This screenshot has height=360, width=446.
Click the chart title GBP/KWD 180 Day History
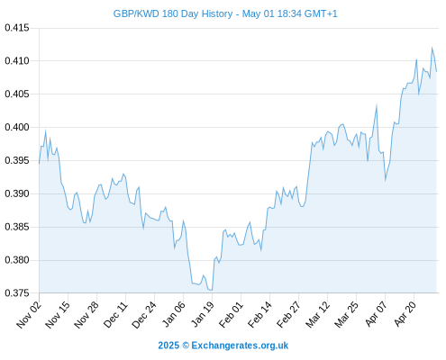pos(173,13)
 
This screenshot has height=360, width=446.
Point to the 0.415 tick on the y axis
pos(17,28)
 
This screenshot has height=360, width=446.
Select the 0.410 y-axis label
pos(17,61)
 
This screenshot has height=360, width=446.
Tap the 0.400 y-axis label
pos(17,127)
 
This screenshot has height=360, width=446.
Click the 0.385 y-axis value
pos(17,227)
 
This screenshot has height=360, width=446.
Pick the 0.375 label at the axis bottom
pos(17,292)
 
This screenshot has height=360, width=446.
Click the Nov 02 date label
pos(29,315)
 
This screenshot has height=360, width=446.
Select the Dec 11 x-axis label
pos(115,315)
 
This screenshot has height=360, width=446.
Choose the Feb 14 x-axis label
pos(259,315)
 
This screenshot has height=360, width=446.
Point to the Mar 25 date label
pos(346,315)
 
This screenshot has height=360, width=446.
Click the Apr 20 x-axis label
pos(405,314)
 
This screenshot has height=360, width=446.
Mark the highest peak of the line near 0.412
pos(432,48)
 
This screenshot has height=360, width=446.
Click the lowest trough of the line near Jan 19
pos(212,290)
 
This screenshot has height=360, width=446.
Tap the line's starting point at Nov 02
pos(39,164)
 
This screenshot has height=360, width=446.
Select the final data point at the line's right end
pos(436,71)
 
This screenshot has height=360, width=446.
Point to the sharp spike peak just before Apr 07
pos(377,104)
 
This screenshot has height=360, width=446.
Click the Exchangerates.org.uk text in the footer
pos(240,346)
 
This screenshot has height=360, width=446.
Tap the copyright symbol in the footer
pos(186,346)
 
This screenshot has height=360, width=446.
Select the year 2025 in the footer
pos(168,346)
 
